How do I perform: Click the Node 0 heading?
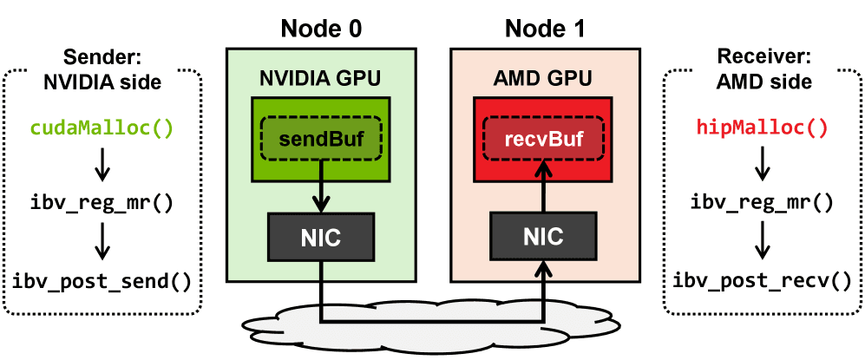320,28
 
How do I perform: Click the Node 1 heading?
545,28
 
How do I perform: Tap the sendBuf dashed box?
320,139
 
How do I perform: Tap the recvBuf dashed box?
545,139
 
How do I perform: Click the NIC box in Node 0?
320,236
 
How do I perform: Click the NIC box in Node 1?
545,236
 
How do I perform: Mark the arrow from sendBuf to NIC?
320,196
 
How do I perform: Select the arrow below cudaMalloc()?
102,166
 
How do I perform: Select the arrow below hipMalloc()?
762,166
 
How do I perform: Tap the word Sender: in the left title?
102,59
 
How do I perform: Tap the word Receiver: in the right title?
763,59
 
